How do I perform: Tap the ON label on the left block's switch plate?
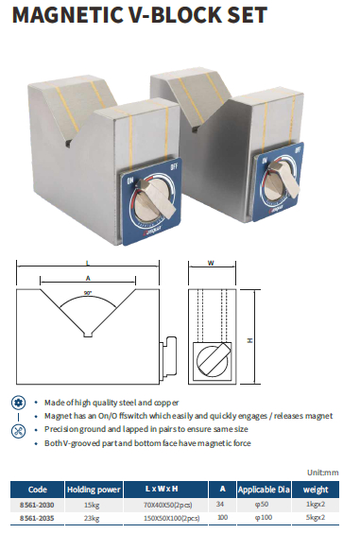(129, 181)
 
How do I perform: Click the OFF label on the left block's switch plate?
(174, 166)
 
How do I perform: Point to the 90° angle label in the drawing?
(88, 293)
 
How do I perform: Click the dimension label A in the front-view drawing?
(88, 279)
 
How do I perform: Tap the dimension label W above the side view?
(211, 263)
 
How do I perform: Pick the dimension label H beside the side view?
(249, 340)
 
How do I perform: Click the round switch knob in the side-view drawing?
(212, 361)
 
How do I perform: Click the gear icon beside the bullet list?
(18, 403)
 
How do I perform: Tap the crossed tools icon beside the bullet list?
(18, 431)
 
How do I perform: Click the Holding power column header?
(94, 490)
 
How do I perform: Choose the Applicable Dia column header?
(264, 490)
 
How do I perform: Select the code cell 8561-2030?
(37, 505)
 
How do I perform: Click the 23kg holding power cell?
(92, 519)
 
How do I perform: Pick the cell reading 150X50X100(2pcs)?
(172, 519)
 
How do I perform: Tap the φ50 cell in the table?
(262, 505)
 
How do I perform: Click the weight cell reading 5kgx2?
(316, 518)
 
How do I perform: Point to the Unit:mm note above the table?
(323, 473)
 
